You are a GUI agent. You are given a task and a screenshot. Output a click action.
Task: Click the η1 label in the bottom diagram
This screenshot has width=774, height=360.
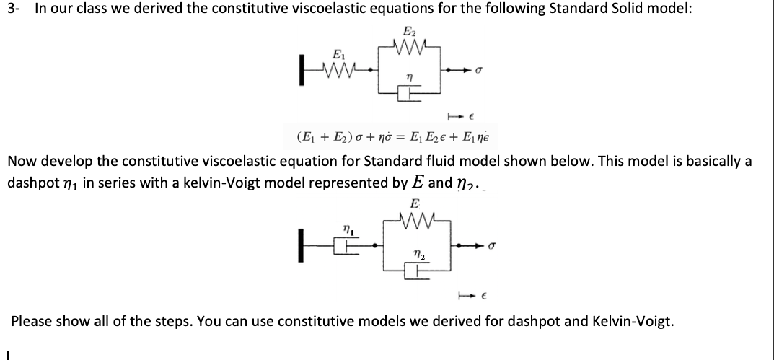[346, 229]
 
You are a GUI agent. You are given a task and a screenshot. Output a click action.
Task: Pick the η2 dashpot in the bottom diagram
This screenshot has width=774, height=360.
[415, 270]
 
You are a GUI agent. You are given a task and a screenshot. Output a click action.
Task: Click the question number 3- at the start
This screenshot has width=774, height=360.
[14, 9]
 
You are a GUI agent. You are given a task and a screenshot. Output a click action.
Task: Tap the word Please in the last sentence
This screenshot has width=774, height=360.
[32, 320]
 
